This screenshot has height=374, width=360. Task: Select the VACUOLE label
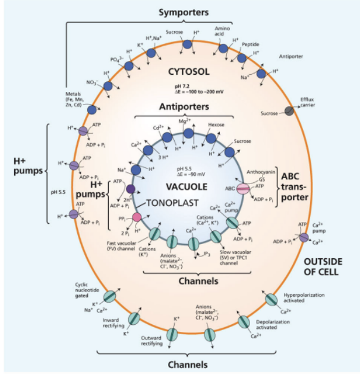point(186,186)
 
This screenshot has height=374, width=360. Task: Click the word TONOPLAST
point(173,202)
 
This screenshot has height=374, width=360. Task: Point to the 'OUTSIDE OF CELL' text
point(324,267)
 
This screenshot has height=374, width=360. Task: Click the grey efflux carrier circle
point(289,111)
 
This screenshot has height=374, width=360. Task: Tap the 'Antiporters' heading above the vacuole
point(184,107)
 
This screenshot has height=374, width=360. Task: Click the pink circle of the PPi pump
point(138,217)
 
